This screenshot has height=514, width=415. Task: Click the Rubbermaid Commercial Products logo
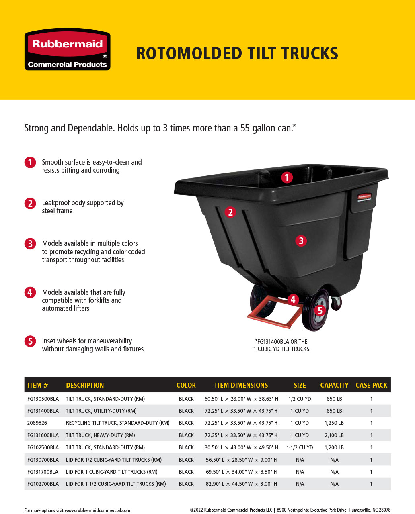coord(67,49)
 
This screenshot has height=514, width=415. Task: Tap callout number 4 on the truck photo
coord(293,299)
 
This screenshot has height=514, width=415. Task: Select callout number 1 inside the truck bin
coord(287,177)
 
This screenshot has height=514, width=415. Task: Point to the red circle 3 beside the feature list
coord(30,243)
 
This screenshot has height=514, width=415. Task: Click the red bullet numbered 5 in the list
coord(30,341)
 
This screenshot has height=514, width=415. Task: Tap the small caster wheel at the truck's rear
coord(336,302)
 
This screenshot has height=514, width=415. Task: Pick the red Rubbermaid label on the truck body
coord(364,197)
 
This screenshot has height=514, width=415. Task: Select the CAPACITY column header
coord(334,385)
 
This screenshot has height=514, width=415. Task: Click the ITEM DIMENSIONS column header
coord(241,385)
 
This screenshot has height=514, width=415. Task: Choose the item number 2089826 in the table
coord(37,423)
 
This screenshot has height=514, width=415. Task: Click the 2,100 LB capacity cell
coord(334,435)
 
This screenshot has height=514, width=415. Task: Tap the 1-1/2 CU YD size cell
coord(300,447)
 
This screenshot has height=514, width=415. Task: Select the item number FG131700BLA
coord(43,472)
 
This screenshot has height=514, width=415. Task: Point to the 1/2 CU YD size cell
coord(300,399)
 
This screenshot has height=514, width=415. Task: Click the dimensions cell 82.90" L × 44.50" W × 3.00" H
coord(241,484)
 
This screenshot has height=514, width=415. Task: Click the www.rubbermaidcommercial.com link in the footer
coord(97,510)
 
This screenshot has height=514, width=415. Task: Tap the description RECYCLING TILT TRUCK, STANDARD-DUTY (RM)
coord(117,423)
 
